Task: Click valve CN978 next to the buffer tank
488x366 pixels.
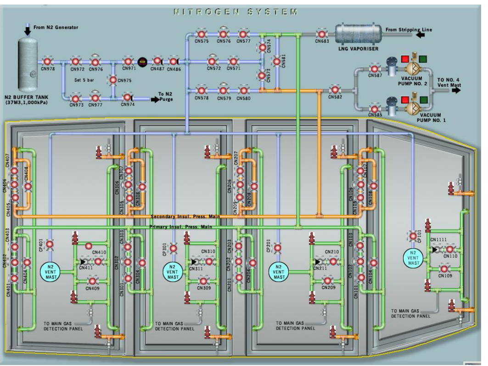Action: (47, 61)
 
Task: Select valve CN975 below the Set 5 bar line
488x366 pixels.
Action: (112, 80)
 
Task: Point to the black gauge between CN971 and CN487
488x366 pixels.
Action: (143, 61)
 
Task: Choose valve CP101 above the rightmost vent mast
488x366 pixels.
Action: (413, 237)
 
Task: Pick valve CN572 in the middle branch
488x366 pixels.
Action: (212, 61)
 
